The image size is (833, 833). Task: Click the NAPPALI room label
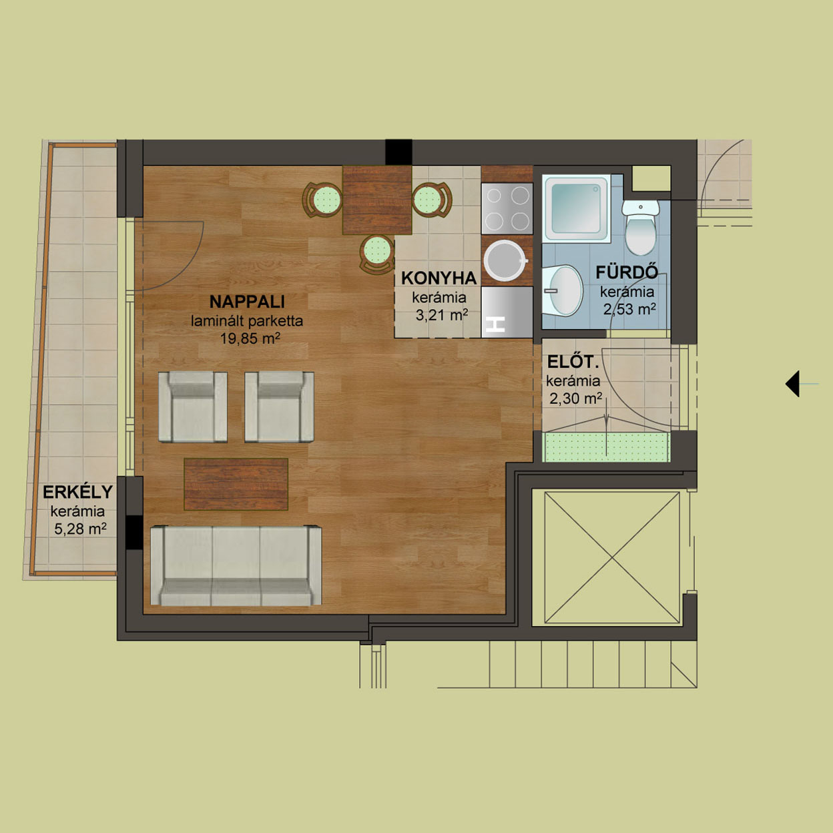click(247, 302)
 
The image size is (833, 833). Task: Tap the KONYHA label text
click(439, 278)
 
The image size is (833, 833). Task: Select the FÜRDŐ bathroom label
click(627, 272)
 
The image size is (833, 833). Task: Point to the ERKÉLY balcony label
click(78, 492)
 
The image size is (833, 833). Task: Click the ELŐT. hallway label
click(573, 362)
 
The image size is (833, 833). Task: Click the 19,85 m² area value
click(250, 338)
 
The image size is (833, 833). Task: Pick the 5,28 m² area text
click(80, 529)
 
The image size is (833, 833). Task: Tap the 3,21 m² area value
click(442, 315)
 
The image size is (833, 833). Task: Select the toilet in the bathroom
click(640, 227)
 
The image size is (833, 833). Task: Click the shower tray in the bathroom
click(577, 208)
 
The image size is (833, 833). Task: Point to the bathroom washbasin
click(562, 290)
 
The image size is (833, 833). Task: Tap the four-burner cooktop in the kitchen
click(507, 209)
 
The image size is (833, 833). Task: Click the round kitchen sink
click(505, 261)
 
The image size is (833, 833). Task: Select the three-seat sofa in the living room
click(236, 565)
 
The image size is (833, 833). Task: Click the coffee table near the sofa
click(236, 484)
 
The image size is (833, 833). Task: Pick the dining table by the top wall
click(377, 200)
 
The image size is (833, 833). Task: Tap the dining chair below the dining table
click(377, 254)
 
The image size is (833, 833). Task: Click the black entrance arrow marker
click(792, 383)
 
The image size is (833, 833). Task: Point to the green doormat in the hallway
click(606, 447)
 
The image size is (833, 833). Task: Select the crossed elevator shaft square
click(612, 557)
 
